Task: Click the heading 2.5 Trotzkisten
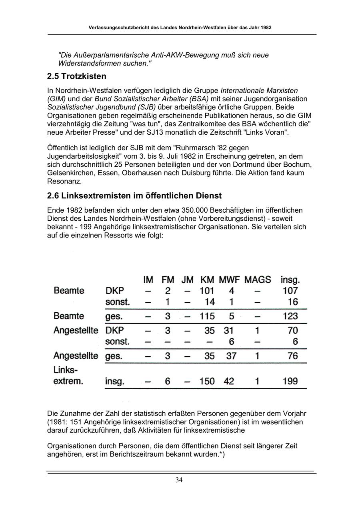tap(76, 76)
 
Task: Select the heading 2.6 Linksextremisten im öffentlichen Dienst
tap(134, 196)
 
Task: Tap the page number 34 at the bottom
tap(179, 480)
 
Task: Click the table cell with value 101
tap(207, 291)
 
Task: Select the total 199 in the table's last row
tap(290, 381)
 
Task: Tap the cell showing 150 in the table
tap(207, 381)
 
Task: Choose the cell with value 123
tap(290, 316)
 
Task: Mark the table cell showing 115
tap(207, 316)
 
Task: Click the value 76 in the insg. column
tap(292, 355)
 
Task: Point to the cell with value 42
tap(229, 381)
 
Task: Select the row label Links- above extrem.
tap(65, 370)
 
